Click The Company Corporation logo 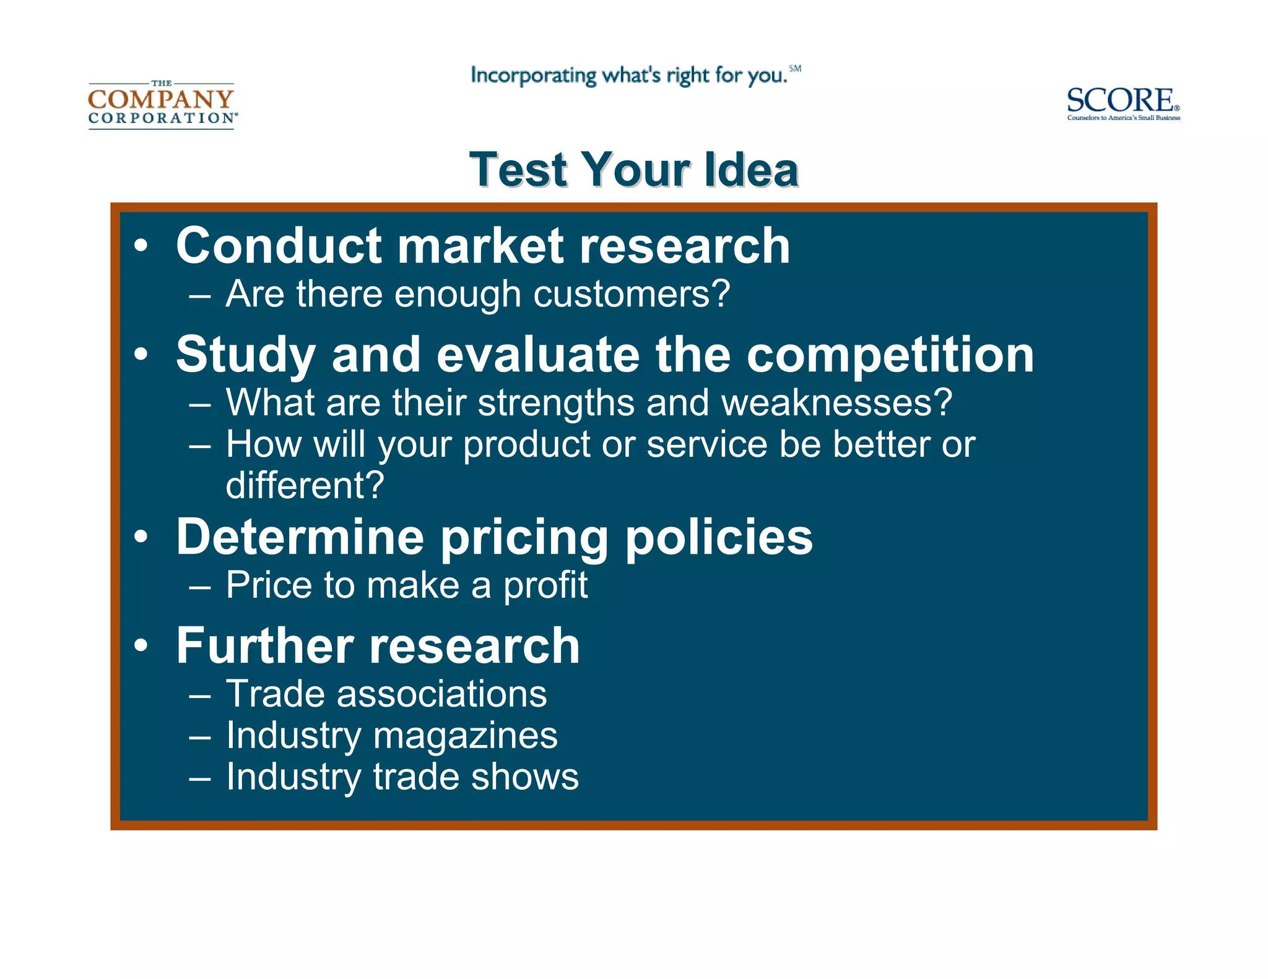pos(162,103)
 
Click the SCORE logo pos(1123,103)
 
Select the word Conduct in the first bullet pos(278,246)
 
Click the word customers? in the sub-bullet pos(632,294)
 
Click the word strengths pos(555,403)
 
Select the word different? pos(305,485)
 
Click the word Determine pos(300,537)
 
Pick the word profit pos(545,585)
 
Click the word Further pos(265,646)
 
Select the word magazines pos(465,736)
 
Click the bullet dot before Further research pos(141,646)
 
